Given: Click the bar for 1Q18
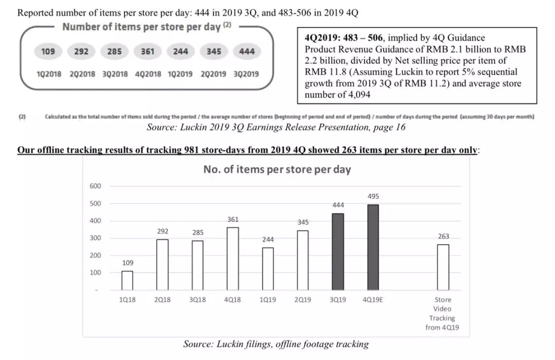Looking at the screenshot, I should [127, 280].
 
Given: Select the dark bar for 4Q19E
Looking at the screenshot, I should [373, 247].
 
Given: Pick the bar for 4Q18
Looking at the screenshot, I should [233, 259].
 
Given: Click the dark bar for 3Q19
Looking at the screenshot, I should [338, 252].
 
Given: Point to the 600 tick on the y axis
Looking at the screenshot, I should [95, 186].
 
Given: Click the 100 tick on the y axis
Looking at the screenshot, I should [95, 273].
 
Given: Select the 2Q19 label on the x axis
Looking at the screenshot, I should [303, 300].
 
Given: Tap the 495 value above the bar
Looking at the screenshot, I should [374, 196].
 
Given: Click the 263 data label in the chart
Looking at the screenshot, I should [443, 236].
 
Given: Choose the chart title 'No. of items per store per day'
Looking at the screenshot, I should [277, 169].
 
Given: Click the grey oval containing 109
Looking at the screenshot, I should [48, 51].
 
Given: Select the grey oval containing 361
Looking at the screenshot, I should [147, 51].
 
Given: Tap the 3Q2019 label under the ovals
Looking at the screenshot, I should [246, 74].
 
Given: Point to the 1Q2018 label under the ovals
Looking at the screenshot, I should [49, 74].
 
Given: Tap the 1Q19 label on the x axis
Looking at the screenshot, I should [268, 300].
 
